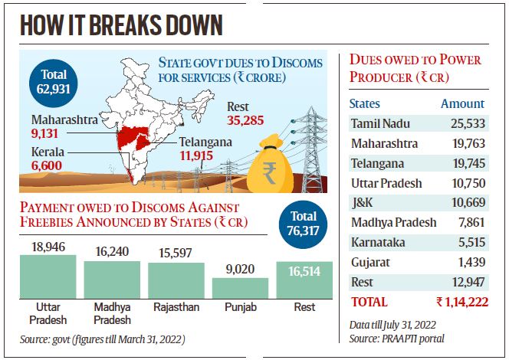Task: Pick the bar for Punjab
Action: click(x=240, y=289)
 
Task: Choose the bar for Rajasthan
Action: click(x=176, y=282)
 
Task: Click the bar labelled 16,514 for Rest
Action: click(x=304, y=280)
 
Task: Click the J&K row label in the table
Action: click(x=363, y=202)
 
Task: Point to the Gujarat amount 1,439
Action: click(x=469, y=262)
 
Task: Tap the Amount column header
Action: click(x=462, y=103)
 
